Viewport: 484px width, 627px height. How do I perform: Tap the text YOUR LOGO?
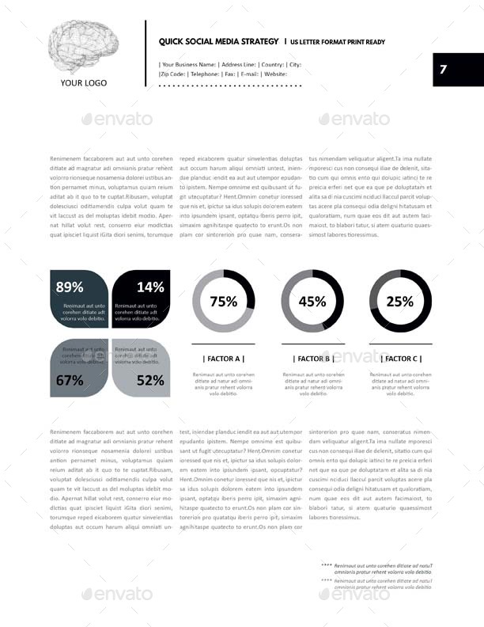pos(84,82)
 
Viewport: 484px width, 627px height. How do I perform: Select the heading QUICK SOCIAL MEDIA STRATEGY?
pos(218,40)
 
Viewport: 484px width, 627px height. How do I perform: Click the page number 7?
pos(444,70)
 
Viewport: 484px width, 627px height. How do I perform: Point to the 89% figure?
pos(70,287)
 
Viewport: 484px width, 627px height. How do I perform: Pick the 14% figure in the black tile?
pos(150,287)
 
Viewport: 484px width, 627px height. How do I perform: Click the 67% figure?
pos(70,380)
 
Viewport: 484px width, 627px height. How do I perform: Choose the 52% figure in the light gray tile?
pos(150,380)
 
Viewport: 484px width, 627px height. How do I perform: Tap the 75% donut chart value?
pos(223,301)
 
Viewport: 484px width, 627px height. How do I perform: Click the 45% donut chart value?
pos(312,301)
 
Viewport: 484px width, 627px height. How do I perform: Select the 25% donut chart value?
pos(400,301)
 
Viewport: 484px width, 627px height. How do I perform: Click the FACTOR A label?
pos(223,359)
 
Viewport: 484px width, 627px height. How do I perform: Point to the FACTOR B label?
pos(312,359)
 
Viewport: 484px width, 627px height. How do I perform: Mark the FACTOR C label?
pos(400,359)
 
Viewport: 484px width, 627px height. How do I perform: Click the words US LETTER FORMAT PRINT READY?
pos(338,41)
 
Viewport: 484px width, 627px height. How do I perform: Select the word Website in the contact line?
pos(275,74)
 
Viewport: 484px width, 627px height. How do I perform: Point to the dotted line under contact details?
pos(230,84)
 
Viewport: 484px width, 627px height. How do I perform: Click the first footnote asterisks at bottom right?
pos(327,565)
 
